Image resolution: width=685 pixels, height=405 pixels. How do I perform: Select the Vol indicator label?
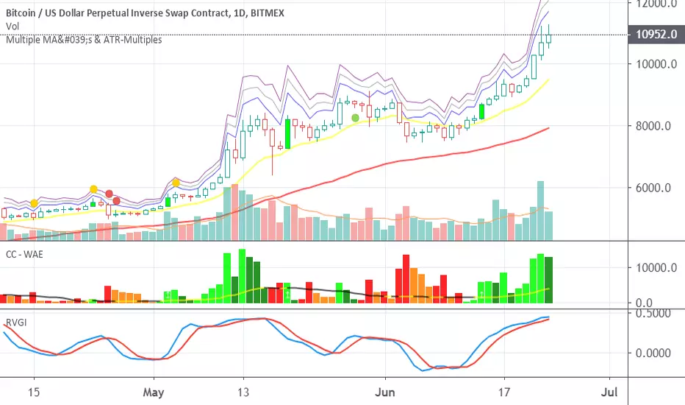click(12, 26)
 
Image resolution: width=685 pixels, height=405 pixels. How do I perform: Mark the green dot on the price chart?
click(356, 118)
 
